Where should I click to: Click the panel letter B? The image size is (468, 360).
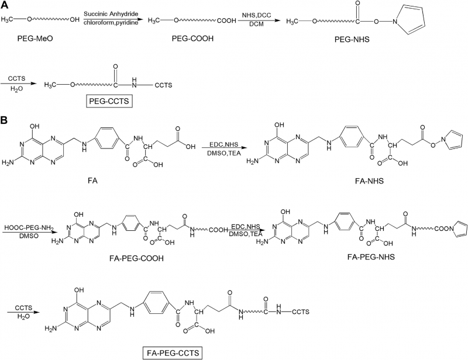click(x=5, y=121)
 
